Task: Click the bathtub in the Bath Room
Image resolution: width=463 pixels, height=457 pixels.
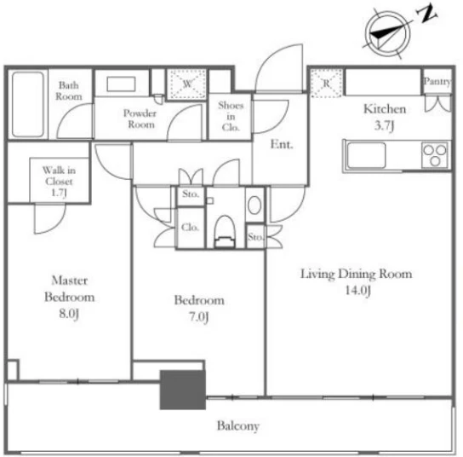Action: point(28,104)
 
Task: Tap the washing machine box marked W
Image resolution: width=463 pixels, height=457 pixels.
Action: point(186,84)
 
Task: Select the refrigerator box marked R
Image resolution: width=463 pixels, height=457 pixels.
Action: point(326,83)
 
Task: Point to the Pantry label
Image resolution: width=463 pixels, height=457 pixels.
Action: point(437,81)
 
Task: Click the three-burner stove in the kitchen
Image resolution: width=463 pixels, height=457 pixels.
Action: point(435,154)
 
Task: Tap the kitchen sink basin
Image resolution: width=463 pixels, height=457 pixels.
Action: point(366,155)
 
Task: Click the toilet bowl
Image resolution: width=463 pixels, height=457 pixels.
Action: point(225,231)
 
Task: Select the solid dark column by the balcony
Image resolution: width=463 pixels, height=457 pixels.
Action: point(183,390)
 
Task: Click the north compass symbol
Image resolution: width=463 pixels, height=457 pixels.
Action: point(388,33)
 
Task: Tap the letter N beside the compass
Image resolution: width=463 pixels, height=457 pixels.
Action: point(426,14)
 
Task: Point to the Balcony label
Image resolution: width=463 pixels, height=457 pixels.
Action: point(238,426)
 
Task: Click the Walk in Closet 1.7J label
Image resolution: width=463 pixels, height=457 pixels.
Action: point(59,182)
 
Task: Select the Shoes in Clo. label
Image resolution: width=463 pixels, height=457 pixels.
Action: point(231,116)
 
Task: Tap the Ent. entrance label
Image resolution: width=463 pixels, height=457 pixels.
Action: point(282,144)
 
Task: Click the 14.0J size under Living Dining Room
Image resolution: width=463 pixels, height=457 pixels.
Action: point(357,291)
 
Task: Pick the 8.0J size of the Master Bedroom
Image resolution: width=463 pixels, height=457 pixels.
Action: point(69,314)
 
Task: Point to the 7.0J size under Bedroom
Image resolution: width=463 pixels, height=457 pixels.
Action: point(198,317)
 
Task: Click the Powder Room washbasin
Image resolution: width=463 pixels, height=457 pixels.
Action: point(121,84)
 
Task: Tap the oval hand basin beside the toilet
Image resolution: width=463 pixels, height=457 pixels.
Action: point(254,205)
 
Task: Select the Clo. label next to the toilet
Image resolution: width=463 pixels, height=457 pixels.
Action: point(190,227)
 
